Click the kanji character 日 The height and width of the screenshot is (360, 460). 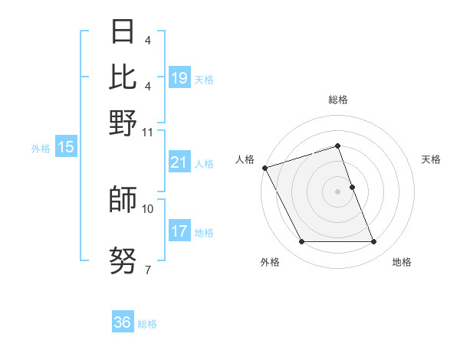click(x=123, y=32)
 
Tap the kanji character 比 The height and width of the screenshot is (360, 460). click(x=123, y=77)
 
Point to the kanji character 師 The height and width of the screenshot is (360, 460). click(x=123, y=200)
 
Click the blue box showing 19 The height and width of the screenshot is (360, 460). click(x=179, y=77)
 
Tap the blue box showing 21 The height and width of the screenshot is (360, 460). click(x=179, y=162)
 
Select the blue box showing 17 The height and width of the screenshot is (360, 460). click(x=179, y=231)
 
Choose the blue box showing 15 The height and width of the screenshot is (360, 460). click(x=66, y=148)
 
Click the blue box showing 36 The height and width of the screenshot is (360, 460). click(x=123, y=322)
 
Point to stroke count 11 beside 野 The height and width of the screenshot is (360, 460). click(x=148, y=131)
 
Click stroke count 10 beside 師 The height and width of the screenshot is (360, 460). click(x=148, y=208)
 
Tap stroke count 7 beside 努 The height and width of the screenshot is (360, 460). click(x=147, y=270)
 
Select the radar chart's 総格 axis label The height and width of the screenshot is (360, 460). click(x=338, y=100)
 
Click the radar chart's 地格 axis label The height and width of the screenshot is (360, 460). click(x=402, y=262)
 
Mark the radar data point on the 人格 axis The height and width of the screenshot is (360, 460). click(x=265, y=168)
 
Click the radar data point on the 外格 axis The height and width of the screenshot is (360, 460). click(x=301, y=242)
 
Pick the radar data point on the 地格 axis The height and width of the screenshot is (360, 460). click(x=374, y=242)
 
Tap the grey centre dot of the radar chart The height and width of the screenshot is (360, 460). click(x=338, y=191)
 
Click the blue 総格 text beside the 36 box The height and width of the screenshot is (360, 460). click(x=147, y=324)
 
